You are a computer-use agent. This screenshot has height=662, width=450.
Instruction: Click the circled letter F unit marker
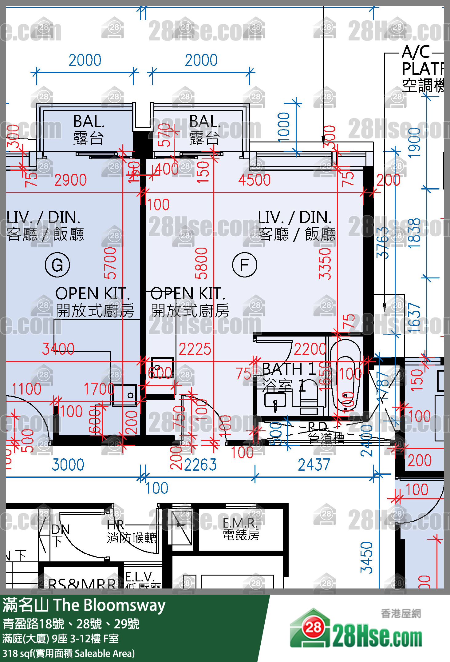[244, 265]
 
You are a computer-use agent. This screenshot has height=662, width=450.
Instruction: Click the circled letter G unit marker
[57, 265]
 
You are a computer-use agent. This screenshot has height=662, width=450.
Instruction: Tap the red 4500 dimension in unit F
[254, 180]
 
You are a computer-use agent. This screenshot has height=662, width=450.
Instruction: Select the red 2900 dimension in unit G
[70, 180]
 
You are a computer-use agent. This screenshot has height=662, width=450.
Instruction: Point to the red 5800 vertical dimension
[201, 263]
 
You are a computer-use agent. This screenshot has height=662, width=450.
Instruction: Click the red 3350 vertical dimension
[325, 264]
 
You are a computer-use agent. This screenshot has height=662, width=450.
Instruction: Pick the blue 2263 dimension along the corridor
[200, 465]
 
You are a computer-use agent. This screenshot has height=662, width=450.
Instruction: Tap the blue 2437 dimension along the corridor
[314, 465]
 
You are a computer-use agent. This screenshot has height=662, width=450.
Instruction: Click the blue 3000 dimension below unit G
[68, 465]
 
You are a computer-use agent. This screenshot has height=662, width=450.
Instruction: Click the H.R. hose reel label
[116, 525]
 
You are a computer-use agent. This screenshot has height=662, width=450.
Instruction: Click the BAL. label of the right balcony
[205, 122]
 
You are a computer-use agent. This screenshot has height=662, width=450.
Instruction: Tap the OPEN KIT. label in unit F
[188, 294]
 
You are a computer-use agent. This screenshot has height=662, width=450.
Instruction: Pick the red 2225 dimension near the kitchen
[195, 349]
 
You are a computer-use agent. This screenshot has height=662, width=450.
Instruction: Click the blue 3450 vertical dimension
[366, 557]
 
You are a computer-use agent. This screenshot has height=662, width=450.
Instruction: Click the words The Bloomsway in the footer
[109, 605]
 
